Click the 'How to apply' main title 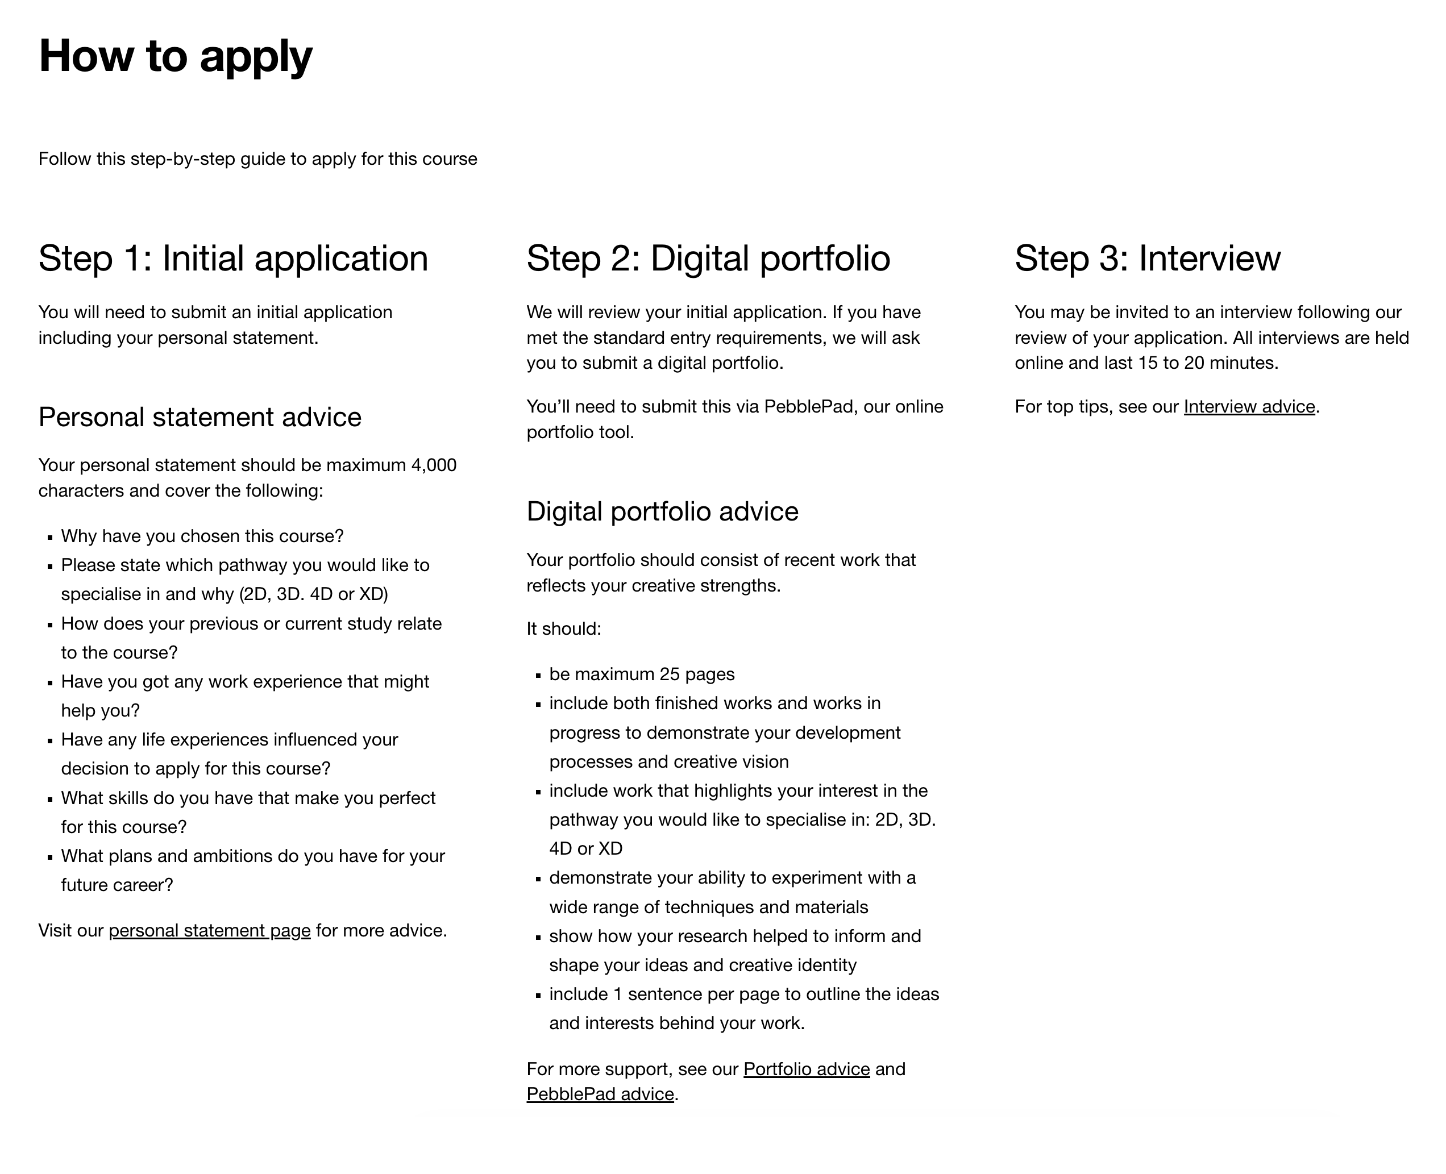pos(175,56)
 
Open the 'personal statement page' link pos(210,931)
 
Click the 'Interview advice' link pos(1249,406)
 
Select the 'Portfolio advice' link pos(806,1069)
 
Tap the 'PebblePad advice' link pos(600,1094)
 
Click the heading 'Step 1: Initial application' pos(234,259)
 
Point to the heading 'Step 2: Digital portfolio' pos(708,259)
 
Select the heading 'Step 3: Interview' pos(1147,259)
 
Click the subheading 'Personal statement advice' pos(200,417)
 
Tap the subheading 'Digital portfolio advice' pos(662,511)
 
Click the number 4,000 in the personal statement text pos(434,465)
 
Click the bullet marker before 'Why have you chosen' pos(50,538)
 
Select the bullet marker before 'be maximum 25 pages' pos(538,676)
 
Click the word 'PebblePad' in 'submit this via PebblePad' pos(808,406)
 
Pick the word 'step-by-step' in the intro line pos(182,159)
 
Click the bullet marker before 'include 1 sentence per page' pos(538,996)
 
